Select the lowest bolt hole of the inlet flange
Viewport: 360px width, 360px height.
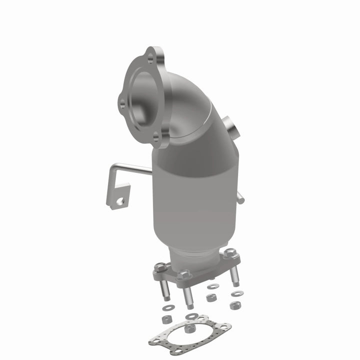pos(156,135)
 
